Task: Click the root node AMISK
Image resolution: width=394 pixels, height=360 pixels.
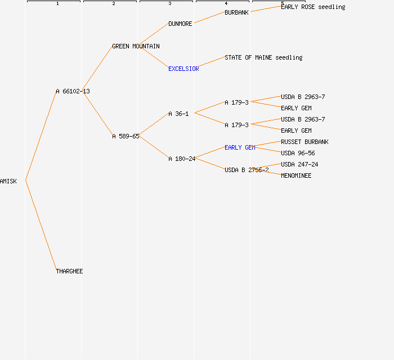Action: [8, 181]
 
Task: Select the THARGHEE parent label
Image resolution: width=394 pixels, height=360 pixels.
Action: [69, 271]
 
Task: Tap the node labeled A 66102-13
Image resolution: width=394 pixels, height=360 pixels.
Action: [73, 91]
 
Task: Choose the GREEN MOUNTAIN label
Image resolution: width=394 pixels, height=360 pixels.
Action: [136, 46]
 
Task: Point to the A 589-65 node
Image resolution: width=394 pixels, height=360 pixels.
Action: [126, 136]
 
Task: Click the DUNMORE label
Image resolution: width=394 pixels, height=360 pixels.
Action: [180, 24]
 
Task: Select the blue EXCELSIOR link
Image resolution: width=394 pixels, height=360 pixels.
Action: [183, 69]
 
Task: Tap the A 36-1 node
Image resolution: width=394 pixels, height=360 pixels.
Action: [178, 114]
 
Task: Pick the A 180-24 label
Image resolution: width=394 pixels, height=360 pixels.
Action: [182, 159]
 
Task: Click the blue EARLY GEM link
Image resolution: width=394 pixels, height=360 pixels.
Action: [240, 147]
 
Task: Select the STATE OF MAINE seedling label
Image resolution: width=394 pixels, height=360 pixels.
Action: [263, 57]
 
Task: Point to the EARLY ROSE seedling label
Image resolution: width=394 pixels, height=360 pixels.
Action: [313, 7]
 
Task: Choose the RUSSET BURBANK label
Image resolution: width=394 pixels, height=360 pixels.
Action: [305, 142]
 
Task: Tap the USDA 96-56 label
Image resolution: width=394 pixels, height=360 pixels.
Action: [298, 153]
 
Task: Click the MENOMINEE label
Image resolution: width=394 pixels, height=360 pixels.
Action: [296, 175]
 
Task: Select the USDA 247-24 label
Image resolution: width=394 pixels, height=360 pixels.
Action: [299, 164]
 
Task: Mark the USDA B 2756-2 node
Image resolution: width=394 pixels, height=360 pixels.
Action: [247, 170]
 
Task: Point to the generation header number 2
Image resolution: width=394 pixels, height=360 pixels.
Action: [113, 4]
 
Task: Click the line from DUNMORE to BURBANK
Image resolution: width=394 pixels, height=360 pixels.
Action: [209, 18]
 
